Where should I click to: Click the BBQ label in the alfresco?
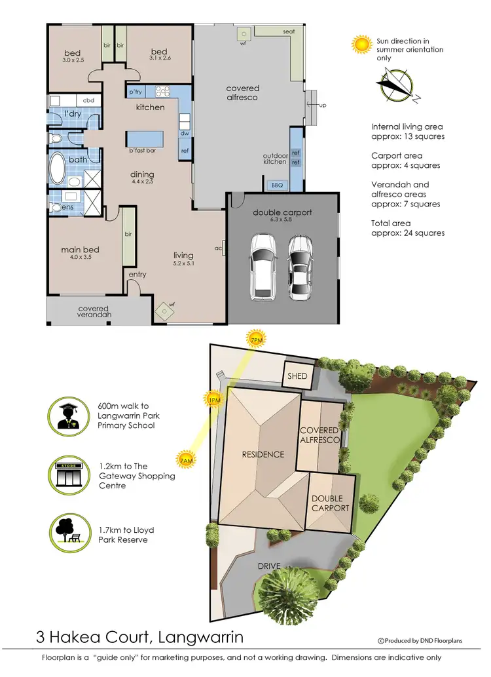tap(277, 185)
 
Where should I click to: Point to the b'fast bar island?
tap(145, 139)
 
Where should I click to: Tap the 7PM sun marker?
tap(256, 339)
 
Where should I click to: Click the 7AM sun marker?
tap(186, 461)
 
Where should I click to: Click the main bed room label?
tap(80, 250)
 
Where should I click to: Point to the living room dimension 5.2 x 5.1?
tap(183, 263)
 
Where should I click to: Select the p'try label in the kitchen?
tap(136, 92)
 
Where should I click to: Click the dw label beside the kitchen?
tap(185, 133)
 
